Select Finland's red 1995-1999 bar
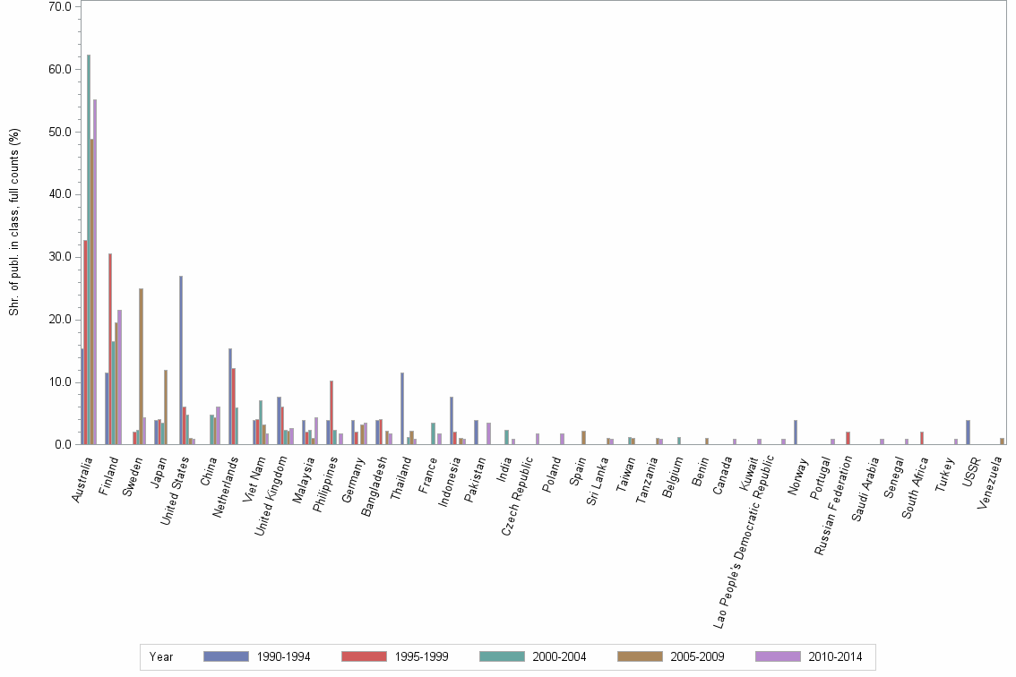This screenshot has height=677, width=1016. (110, 348)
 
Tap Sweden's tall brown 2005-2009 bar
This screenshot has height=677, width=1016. (141, 366)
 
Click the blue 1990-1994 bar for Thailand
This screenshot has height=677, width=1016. (402, 408)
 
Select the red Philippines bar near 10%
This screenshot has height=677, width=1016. (331, 413)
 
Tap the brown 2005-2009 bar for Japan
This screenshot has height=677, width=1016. (166, 407)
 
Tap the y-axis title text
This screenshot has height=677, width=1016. (13, 221)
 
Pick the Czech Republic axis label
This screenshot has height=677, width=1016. (518, 493)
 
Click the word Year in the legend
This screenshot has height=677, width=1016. (161, 657)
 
